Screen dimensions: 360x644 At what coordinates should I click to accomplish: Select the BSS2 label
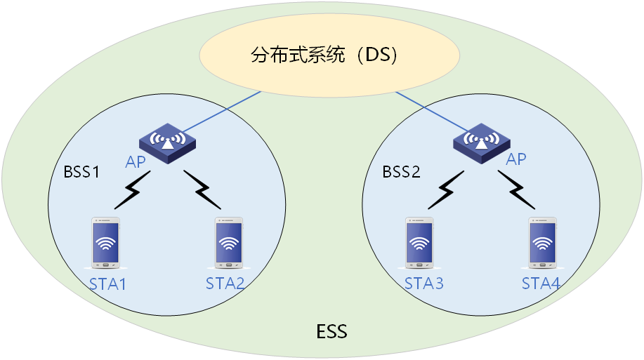(x=401, y=171)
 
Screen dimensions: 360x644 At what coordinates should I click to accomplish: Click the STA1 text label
(x=107, y=284)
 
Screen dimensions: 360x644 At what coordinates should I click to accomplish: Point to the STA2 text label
(x=225, y=284)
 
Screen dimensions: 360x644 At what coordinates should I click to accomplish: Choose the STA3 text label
(x=424, y=284)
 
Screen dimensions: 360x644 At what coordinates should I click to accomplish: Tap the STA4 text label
(x=541, y=284)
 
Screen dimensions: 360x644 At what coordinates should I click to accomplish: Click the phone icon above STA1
(x=106, y=243)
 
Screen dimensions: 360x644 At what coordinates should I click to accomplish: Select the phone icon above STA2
(x=228, y=243)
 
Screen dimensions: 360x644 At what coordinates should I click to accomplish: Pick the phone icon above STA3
(x=419, y=243)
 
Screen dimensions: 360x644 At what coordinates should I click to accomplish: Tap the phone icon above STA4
(x=541, y=243)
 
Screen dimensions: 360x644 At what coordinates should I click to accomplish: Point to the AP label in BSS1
(x=136, y=163)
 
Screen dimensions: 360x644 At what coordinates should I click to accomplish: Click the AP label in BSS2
(x=516, y=159)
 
